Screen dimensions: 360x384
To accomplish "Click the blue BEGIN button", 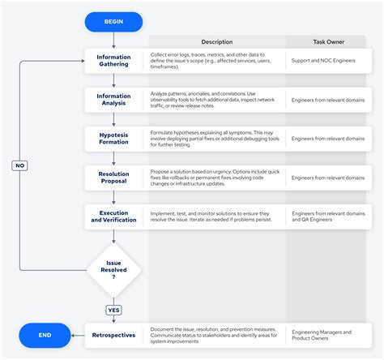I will tap(114, 22).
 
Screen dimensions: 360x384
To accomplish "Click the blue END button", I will tap(45, 333).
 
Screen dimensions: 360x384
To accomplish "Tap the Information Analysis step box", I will tap(114, 100).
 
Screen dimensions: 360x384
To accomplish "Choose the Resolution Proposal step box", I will tap(114, 178).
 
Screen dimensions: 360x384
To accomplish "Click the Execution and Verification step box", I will tap(114, 216).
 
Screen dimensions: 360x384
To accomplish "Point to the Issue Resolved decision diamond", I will tap(114, 269).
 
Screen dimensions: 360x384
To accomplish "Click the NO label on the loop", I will tap(21, 165).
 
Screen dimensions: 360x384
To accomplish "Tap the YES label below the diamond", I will tap(114, 310).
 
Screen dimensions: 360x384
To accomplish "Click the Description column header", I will tap(216, 41).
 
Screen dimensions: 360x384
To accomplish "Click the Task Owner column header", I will tap(330, 41).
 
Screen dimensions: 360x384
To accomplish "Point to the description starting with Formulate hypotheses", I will tap(215, 138).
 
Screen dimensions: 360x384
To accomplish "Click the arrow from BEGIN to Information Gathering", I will tap(114, 40).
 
